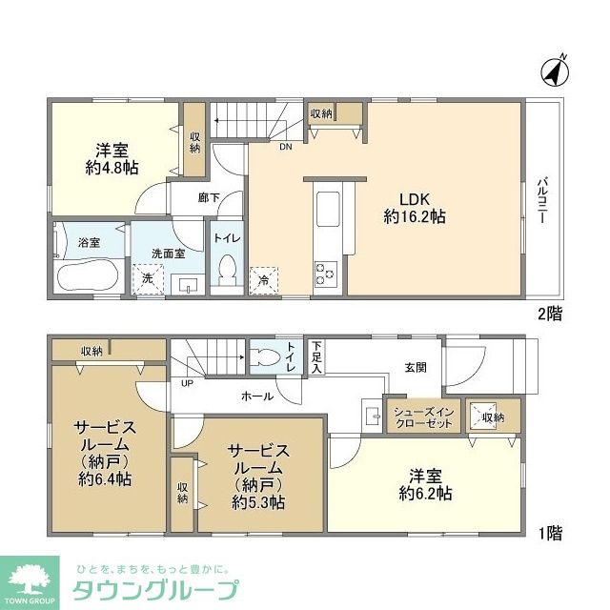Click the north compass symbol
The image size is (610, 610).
(554, 70)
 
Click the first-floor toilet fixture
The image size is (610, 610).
(270, 358)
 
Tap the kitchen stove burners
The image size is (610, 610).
(325, 274)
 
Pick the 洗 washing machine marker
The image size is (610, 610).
(148, 279)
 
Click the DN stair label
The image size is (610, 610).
(285, 147)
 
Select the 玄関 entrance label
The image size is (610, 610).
(416, 366)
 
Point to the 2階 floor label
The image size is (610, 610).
(549, 313)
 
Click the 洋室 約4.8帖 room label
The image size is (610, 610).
(112, 158)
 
